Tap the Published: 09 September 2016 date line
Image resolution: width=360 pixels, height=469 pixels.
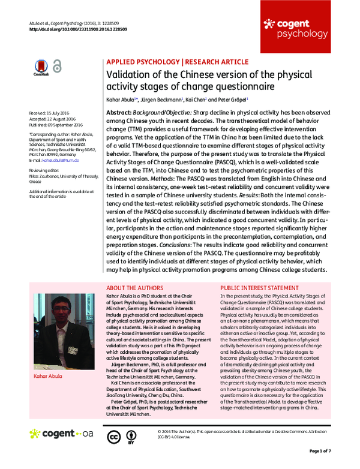(56, 124)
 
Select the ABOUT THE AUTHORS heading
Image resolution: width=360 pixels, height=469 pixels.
(135, 288)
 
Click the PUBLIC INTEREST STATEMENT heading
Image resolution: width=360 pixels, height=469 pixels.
(260, 288)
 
